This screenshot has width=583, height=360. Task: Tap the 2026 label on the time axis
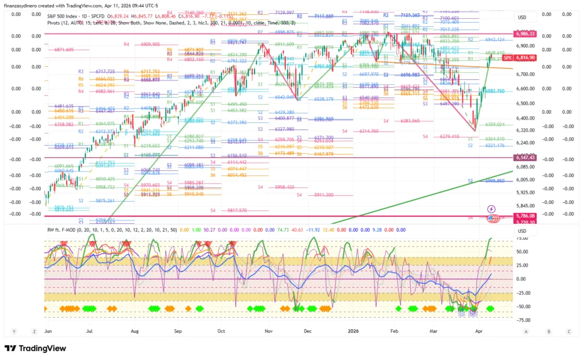tap(353, 331)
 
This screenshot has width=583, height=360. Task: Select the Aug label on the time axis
tap(134, 331)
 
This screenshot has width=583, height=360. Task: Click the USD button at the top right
tap(522, 18)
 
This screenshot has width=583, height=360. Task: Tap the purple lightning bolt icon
tap(491, 209)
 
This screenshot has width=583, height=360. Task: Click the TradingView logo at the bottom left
tap(35, 348)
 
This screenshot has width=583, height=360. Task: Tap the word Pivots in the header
tap(56, 22)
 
